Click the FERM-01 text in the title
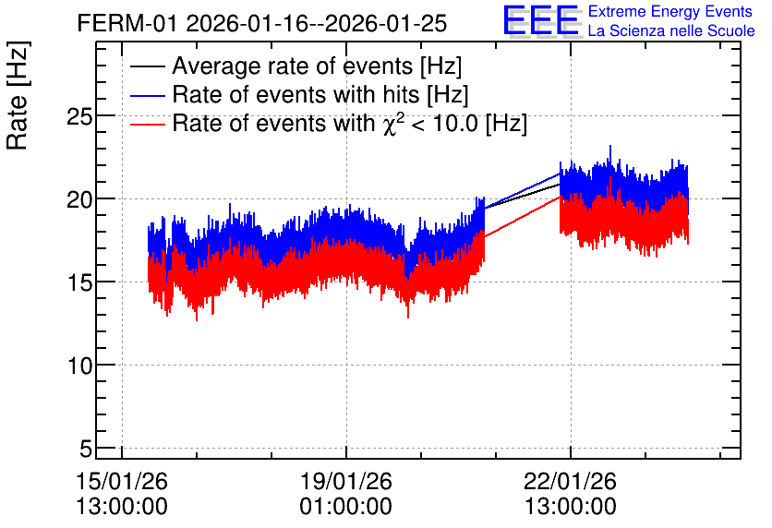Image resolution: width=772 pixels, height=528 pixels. point(127,23)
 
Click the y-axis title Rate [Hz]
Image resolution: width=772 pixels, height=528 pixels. point(18,96)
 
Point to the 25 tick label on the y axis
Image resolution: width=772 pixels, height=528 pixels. point(79,116)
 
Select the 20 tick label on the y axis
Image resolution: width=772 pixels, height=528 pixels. point(79,199)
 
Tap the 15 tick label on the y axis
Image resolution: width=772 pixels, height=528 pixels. point(79,282)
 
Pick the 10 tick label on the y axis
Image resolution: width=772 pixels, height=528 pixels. point(79,366)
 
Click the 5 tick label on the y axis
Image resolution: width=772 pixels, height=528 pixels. point(86,449)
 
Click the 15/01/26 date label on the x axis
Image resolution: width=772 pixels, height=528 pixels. point(122,481)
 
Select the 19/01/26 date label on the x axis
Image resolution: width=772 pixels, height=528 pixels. point(346,481)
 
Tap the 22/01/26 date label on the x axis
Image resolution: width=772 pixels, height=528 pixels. point(570,481)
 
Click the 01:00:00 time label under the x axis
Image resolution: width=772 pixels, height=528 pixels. point(346,507)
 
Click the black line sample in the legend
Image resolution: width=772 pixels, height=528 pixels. point(147,66)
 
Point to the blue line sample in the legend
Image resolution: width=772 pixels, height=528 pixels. point(147,95)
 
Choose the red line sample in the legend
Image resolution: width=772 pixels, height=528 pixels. point(147,124)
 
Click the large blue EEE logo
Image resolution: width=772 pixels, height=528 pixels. point(541,20)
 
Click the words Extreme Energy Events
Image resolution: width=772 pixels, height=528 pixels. point(670,11)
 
